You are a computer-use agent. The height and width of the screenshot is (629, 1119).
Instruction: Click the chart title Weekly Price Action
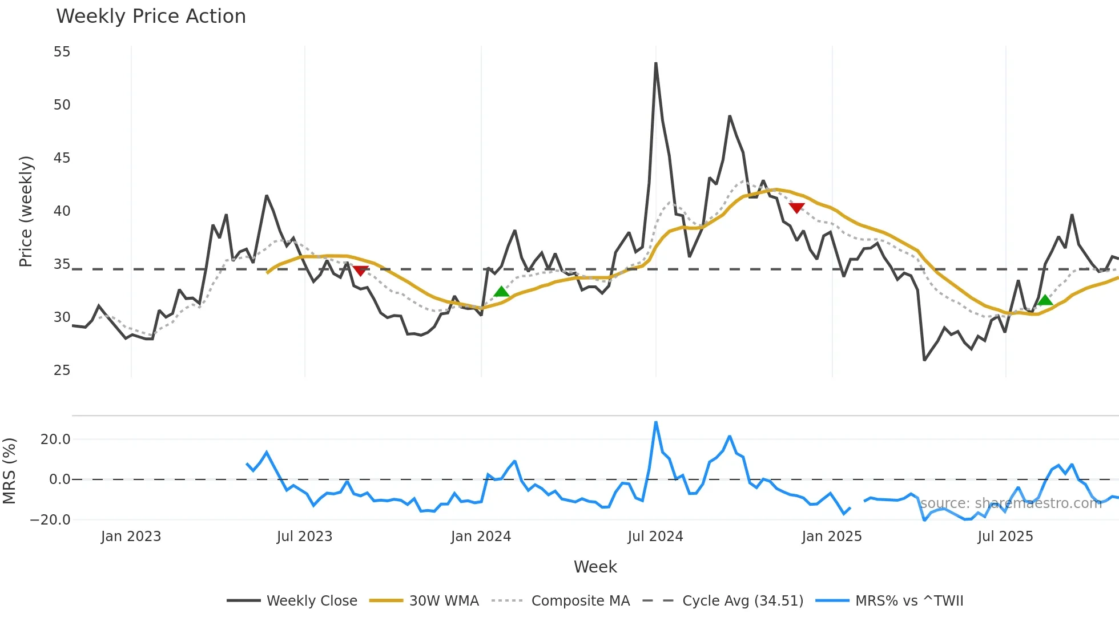[x=151, y=17]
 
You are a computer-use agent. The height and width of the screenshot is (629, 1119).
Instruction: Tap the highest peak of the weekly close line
[x=655, y=63]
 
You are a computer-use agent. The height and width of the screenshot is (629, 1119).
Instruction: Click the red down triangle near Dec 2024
[x=796, y=208]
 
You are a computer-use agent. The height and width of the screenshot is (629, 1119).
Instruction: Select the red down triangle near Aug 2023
[x=360, y=271]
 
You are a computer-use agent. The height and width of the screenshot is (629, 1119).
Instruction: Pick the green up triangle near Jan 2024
[x=501, y=292]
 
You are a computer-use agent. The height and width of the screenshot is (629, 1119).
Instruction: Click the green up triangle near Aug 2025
[x=1045, y=300]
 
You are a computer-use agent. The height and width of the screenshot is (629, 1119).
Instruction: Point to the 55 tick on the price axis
[x=62, y=52]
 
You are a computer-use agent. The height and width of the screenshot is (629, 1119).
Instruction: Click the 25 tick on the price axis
[x=62, y=370]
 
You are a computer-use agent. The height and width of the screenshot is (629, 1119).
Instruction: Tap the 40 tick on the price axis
[x=62, y=211]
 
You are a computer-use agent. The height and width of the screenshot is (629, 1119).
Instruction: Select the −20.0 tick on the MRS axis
[x=50, y=520]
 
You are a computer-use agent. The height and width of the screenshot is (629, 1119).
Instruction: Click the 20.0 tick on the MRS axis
[x=55, y=440]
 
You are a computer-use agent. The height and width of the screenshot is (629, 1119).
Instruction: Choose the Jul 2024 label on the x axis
[x=655, y=537]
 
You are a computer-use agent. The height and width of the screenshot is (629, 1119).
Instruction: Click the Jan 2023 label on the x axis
[x=131, y=537]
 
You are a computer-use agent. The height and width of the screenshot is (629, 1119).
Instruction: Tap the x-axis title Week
[x=595, y=567]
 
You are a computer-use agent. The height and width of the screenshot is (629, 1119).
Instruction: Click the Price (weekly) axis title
[x=26, y=211]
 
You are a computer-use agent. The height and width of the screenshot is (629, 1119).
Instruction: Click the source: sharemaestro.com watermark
[x=1011, y=503]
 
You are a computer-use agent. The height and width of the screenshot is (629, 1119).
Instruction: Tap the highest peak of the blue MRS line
[x=656, y=422]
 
